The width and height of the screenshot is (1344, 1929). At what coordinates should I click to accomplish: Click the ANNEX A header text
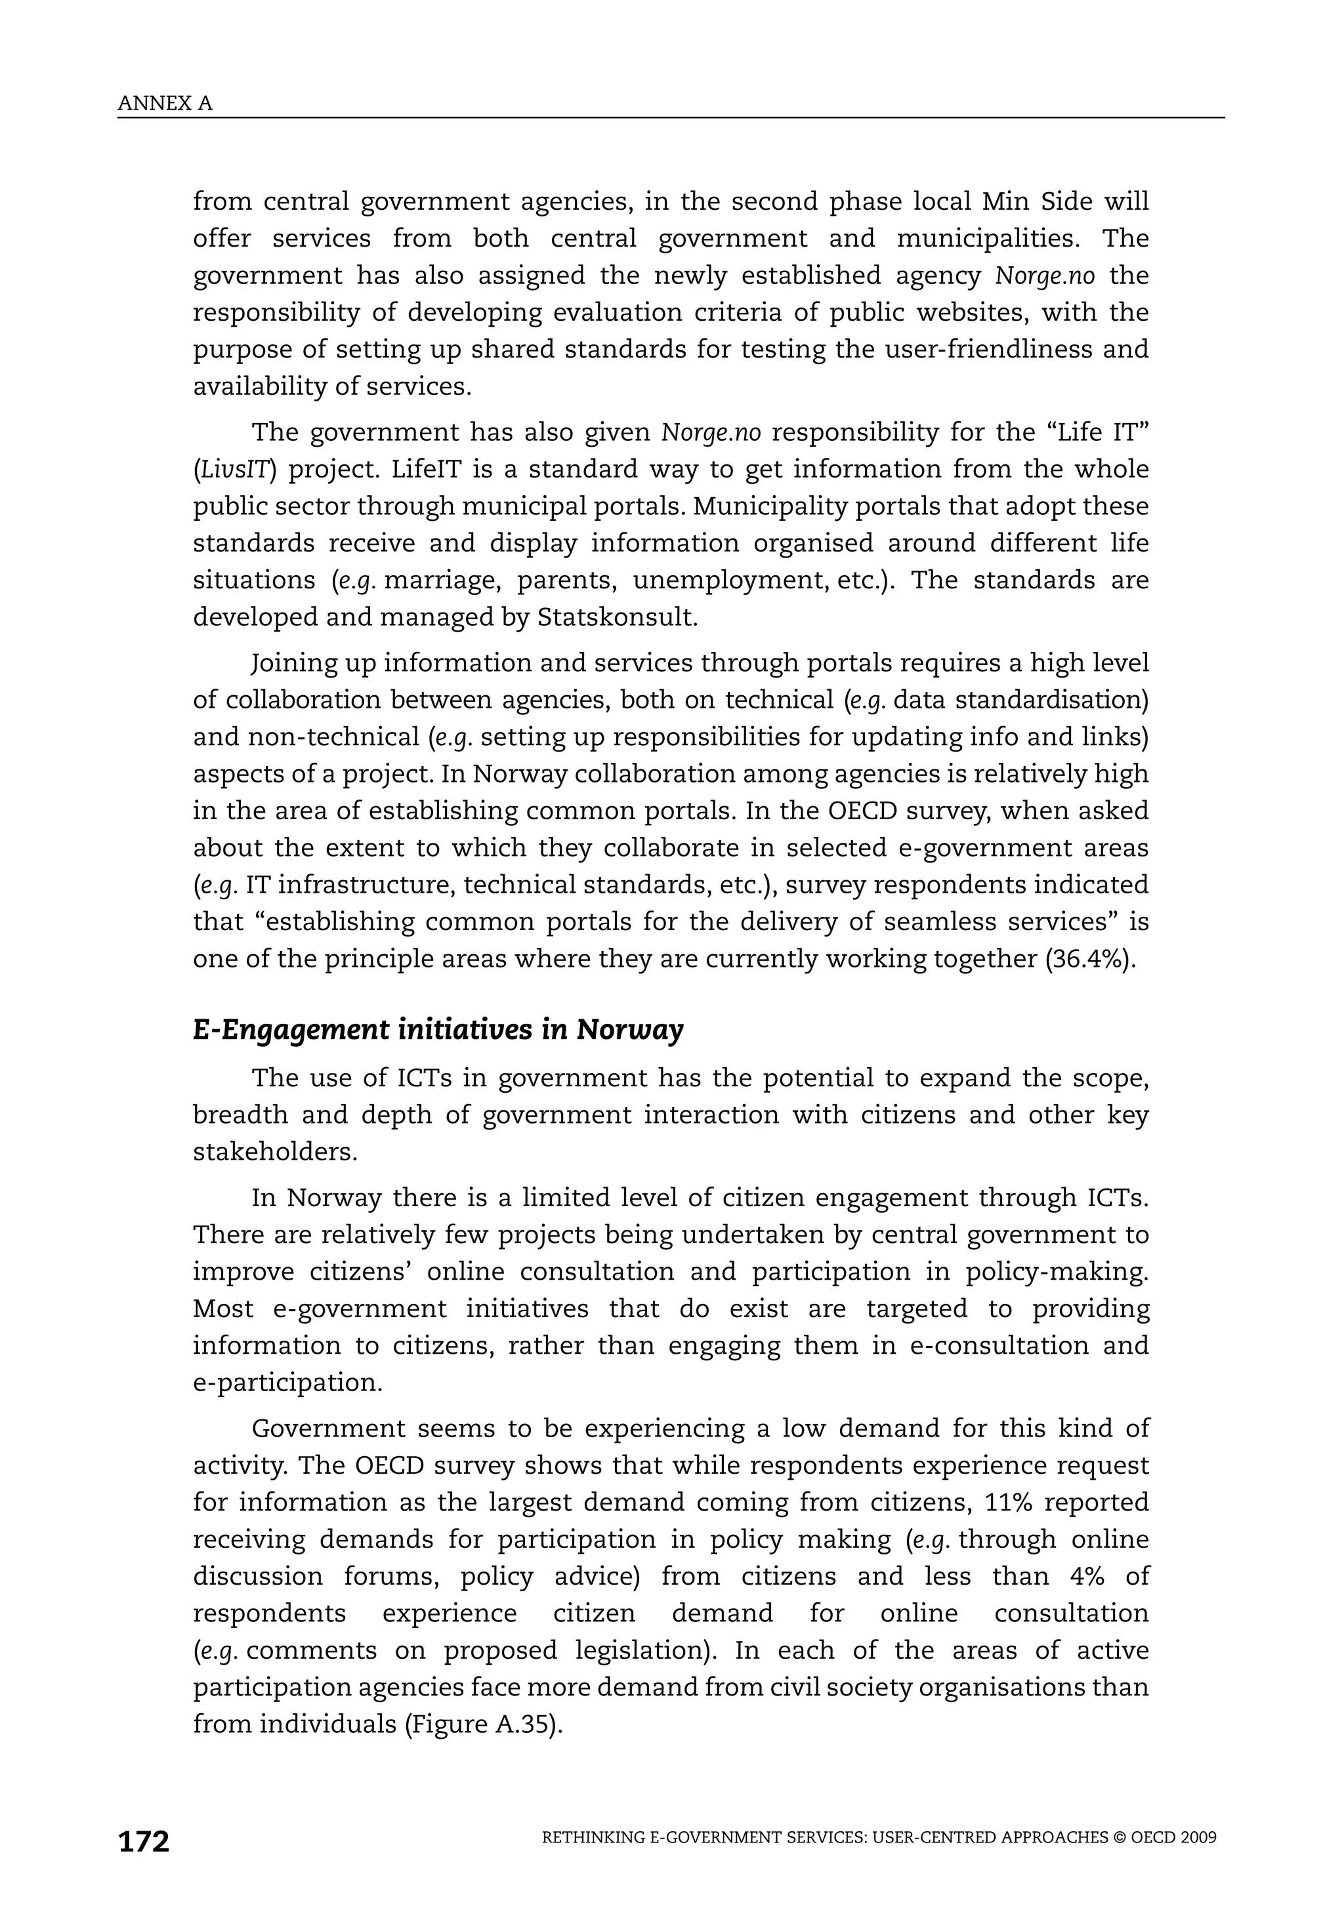point(165,104)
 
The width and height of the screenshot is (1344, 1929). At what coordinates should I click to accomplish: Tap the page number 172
point(144,1841)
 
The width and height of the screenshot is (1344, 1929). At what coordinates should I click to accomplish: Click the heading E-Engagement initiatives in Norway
point(438,1029)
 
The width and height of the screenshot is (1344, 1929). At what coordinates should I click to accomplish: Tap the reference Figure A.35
point(482,1724)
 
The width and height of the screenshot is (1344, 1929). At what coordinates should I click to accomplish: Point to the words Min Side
point(1029,201)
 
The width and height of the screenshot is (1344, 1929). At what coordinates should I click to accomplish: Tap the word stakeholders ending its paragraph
point(275,1152)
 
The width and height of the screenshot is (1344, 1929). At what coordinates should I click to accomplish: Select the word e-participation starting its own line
point(287,1383)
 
